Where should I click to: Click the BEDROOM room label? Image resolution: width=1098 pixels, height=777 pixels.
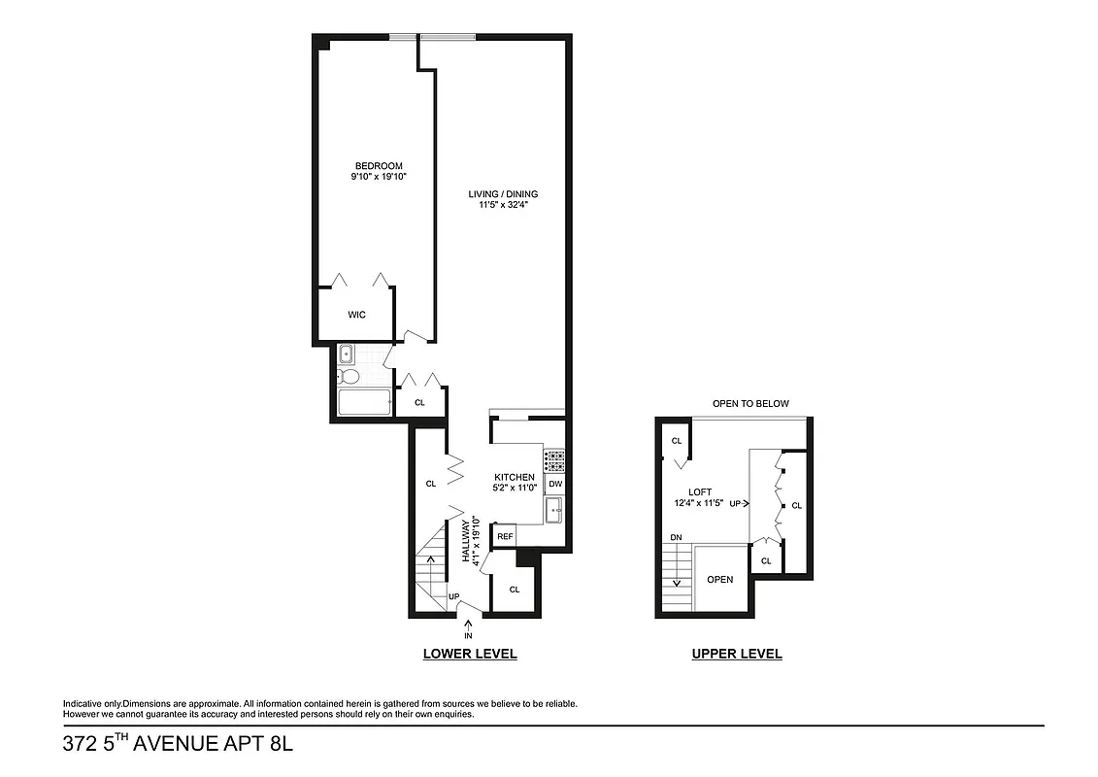pyautogui.click(x=378, y=166)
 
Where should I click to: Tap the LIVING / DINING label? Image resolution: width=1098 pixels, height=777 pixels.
pyautogui.click(x=502, y=194)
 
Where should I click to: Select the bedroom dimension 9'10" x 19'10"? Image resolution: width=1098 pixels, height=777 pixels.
pyautogui.click(x=378, y=178)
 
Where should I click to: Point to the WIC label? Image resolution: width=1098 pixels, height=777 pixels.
pyautogui.click(x=356, y=315)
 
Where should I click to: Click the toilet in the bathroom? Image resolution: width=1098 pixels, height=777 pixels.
pyautogui.click(x=349, y=376)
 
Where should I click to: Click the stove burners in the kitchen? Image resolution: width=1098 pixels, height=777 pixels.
pyautogui.click(x=554, y=459)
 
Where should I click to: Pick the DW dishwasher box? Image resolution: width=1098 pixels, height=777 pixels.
pyautogui.click(x=554, y=484)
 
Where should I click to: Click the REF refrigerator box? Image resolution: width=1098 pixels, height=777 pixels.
pyautogui.click(x=505, y=536)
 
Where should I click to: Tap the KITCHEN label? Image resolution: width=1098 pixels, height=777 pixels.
pyautogui.click(x=515, y=477)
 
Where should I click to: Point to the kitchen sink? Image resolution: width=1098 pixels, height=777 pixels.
pyautogui.click(x=554, y=510)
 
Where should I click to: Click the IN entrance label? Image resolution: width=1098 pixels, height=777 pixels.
pyautogui.click(x=470, y=634)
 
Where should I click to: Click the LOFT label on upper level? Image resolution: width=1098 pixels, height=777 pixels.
pyautogui.click(x=701, y=491)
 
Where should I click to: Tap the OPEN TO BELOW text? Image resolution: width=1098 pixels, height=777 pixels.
pyautogui.click(x=750, y=404)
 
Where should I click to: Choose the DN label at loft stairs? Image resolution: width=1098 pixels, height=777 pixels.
pyautogui.click(x=675, y=537)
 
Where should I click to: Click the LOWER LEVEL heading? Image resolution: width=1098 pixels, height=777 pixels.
pyautogui.click(x=470, y=654)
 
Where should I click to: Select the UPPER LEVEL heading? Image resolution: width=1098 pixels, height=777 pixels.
pyautogui.click(x=736, y=654)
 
